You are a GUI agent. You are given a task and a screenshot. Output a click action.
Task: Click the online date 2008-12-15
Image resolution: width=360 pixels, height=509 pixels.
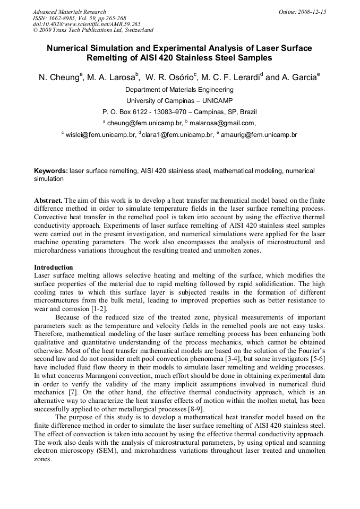click(310, 12)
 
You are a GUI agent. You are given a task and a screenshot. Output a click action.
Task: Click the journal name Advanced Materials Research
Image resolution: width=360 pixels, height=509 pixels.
click(69, 12)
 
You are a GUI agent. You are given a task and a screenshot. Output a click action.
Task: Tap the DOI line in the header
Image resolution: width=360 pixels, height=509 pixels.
click(87, 24)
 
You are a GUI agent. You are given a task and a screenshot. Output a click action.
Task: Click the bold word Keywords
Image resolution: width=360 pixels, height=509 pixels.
click(50, 171)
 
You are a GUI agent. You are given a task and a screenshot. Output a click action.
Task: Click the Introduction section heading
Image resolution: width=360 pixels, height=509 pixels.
click(53, 268)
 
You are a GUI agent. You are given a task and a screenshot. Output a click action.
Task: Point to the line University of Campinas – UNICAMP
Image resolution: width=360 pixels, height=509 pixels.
click(179, 100)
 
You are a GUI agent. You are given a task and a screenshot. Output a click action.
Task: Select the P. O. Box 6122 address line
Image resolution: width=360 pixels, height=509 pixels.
click(179, 112)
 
